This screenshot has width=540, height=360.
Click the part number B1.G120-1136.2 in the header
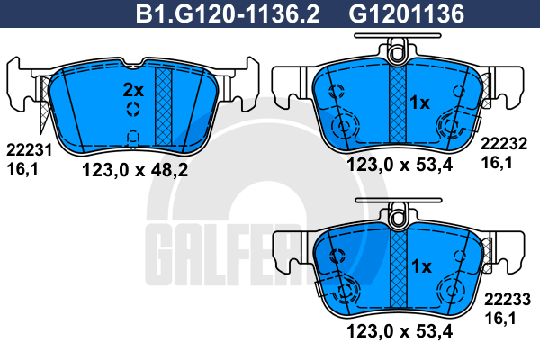[x=228, y=13]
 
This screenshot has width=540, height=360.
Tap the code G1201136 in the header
[x=407, y=13]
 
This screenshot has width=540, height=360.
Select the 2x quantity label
[x=133, y=90]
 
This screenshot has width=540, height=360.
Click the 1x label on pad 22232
[x=419, y=103]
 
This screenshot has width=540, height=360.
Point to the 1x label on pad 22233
[x=421, y=266]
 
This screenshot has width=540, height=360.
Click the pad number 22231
[x=30, y=150]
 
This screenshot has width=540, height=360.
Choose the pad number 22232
[x=504, y=144]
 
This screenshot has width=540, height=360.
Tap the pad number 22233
[x=508, y=300]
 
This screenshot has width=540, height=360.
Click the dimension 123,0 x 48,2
[x=135, y=170]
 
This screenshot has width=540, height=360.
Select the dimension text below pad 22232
[x=400, y=165]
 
